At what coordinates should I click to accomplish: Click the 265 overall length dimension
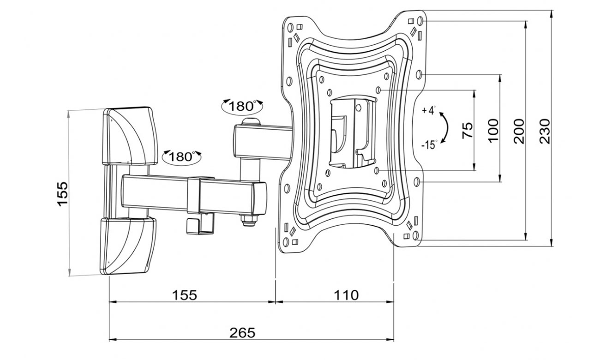(x=242, y=333)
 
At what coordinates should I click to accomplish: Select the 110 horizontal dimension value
(x=346, y=295)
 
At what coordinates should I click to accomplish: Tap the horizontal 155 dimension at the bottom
(x=185, y=295)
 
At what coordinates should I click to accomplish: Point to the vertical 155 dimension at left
(x=62, y=193)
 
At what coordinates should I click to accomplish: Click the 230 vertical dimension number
(x=546, y=131)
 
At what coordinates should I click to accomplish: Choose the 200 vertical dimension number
(x=519, y=131)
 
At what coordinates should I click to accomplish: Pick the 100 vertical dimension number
(x=493, y=131)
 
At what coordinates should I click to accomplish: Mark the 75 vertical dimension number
(x=467, y=131)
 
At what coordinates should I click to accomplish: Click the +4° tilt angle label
(x=428, y=111)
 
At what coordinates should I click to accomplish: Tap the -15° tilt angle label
(x=429, y=145)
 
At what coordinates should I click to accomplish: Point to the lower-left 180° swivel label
(x=182, y=156)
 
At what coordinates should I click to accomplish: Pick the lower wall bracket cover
(x=128, y=246)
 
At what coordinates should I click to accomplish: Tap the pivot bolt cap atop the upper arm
(x=250, y=122)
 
